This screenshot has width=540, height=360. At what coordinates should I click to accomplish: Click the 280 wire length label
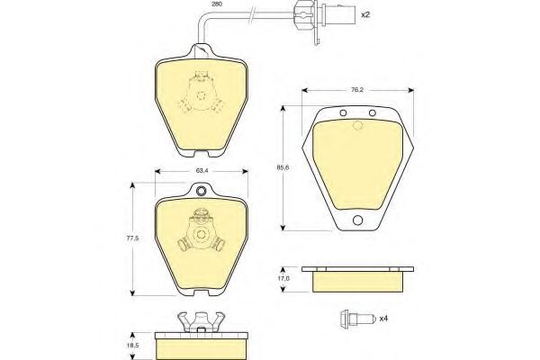click(217, 4)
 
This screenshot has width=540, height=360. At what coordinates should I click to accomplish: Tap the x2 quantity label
click(365, 14)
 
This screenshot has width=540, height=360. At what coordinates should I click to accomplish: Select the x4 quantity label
click(383, 319)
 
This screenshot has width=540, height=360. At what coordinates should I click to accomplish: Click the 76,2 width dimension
click(357, 90)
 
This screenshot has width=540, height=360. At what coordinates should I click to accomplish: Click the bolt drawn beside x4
click(356, 319)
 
